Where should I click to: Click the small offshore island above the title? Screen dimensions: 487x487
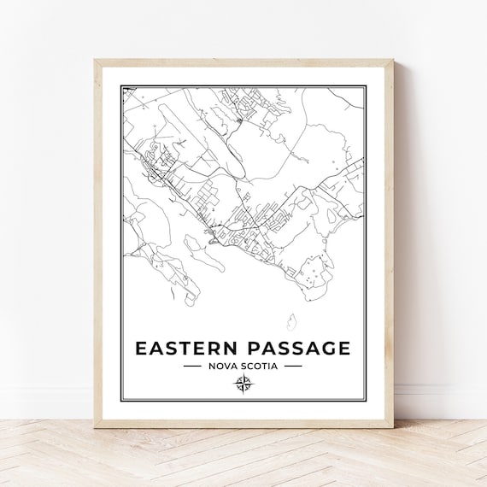(292, 321)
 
